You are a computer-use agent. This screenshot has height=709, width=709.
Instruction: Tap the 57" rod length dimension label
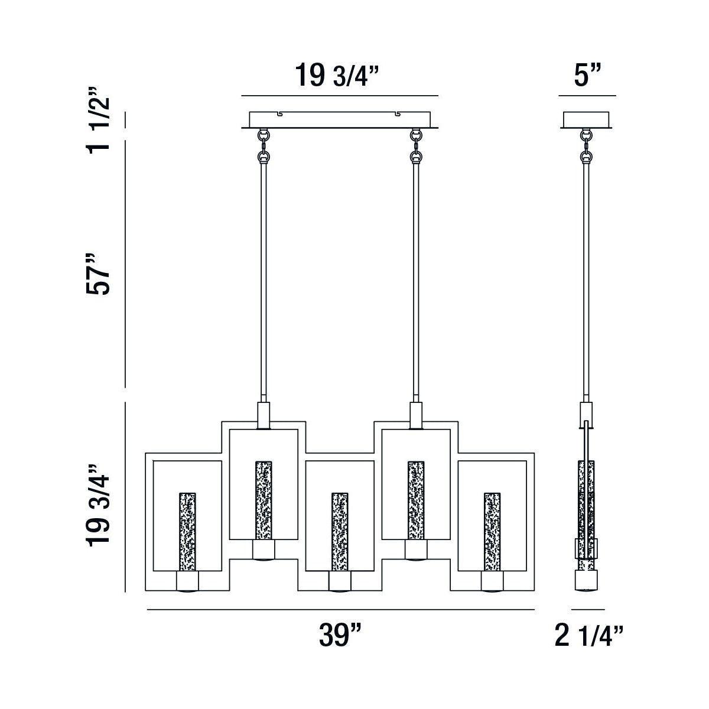pos(97,275)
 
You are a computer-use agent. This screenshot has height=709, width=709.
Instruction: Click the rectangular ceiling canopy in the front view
pos(340,120)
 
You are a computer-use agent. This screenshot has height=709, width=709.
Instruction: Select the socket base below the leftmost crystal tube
pos(187,583)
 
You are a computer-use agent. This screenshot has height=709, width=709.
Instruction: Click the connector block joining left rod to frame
pos(264,414)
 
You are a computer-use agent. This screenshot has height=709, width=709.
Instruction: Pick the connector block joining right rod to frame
pos(417,414)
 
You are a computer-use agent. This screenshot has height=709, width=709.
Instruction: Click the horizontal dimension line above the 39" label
pos(340,609)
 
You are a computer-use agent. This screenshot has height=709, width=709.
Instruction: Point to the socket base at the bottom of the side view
pos(586,581)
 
